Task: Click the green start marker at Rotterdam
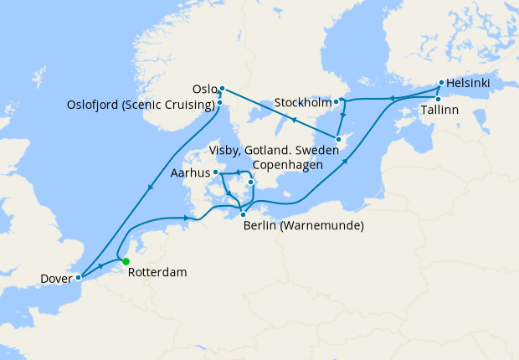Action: (x=126, y=262)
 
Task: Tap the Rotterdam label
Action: (x=158, y=272)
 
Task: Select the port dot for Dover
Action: (x=78, y=276)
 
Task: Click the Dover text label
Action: (x=55, y=278)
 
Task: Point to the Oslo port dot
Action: (x=222, y=88)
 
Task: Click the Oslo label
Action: (x=204, y=89)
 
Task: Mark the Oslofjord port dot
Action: (x=220, y=103)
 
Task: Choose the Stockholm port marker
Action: (x=337, y=102)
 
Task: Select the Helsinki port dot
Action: (x=440, y=84)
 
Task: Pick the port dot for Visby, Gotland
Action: (x=337, y=139)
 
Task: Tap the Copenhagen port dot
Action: (x=251, y=182)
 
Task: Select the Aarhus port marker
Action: (x=216, y=173)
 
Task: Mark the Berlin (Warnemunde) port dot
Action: (x=243, y=214)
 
